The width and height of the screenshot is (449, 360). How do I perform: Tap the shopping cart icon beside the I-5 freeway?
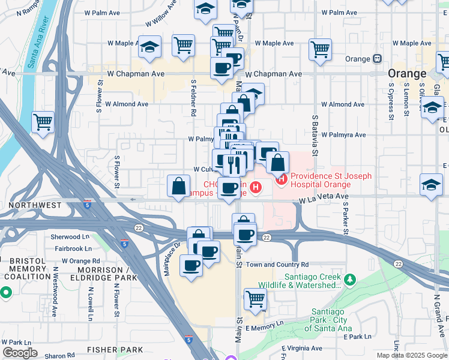click(43, 122)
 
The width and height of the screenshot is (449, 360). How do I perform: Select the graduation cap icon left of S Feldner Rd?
click(149, 48)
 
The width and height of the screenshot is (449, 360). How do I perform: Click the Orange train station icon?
click(378, 59)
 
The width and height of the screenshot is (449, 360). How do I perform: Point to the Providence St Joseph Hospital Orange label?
click(331, 181)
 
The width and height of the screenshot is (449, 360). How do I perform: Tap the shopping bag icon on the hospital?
click(278, 163)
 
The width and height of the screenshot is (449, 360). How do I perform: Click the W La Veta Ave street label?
click(324, 197)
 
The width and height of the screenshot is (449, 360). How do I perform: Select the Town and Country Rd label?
click(277, 264)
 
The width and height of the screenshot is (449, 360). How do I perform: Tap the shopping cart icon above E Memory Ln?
click(256, 299)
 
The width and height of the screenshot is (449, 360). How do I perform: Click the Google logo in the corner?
click(20, 353)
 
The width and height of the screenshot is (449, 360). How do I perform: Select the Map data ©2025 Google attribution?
click(412, 355)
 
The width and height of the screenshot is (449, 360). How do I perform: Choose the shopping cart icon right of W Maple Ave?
click(321, 49)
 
